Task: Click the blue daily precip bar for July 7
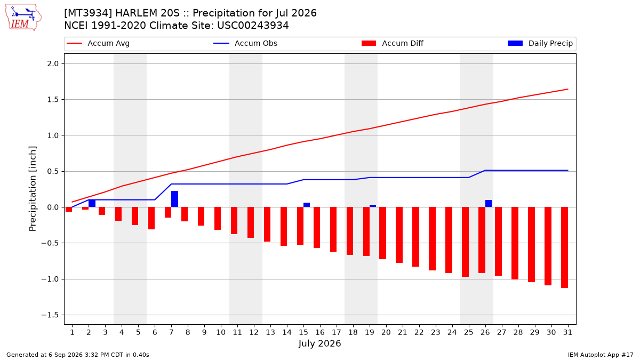174,199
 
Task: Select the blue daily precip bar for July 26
489,204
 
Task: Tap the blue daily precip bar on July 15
307,205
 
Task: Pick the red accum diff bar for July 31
565,247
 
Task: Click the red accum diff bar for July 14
284,227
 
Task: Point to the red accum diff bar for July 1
69,210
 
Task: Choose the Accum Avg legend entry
98,43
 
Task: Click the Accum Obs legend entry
245,43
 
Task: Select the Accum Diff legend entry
393,43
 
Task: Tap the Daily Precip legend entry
540,43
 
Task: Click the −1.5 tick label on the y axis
50,315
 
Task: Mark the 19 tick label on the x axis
370,332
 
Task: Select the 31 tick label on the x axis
567,332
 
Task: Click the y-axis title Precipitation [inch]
33,189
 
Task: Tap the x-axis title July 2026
319,343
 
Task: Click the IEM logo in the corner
23,18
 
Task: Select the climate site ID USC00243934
253,26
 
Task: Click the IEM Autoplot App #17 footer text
601,355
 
